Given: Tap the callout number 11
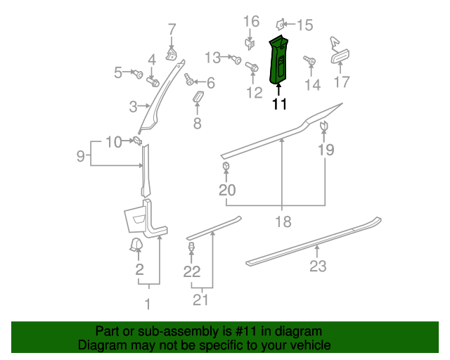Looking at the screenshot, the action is pyautogui.click(x=279, y=105).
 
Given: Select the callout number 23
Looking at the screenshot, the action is pyautogui.click(x=318, y=266).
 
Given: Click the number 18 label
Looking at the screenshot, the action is pyautogui.click(x=282, y=221).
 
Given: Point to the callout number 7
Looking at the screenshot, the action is pyautogui.click(x=172, y=30).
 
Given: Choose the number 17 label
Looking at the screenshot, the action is pyautogui.click(x=341, y=82).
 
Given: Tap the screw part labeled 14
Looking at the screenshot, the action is pyautogui.click(x=308, y=63).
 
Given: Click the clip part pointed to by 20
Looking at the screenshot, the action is pyautogui.click(x=227, y=166).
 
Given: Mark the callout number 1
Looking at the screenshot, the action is pyautogui.click(x=148, y=304).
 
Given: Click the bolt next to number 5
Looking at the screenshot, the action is pyautogui.click(x=139, y=73).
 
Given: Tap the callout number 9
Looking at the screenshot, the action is pyautogui.click(x=82, y=155).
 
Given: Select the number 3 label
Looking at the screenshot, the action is pyautogui.click(x=133, y=107).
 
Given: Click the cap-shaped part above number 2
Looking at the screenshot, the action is pyautogui.click(x=135, y=244).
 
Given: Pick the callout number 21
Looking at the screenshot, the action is pyautogui.click(x=202, y=300).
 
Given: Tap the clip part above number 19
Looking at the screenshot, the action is pyautogui.click(x=324, y=126).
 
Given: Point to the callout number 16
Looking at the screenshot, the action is pyautogui.click(x=251, y=22).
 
